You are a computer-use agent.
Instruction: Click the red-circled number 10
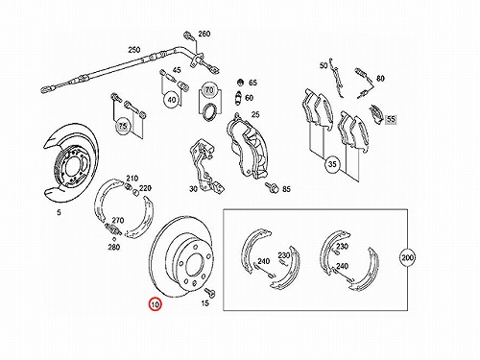[155, 304]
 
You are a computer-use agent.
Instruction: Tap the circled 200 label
[407, 257]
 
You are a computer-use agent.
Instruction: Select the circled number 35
[332, 164]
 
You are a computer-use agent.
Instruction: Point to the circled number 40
[172, 100]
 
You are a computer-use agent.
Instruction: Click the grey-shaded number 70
[209, 90]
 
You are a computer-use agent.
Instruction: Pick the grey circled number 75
[123, 126]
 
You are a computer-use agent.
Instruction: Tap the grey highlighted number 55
[391, 119]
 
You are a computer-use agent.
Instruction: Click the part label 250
[134, 50]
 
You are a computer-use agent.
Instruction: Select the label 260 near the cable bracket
[204, 34]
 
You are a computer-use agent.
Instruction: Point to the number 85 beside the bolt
[286, 189]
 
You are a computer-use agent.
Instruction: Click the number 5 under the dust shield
[59, 212]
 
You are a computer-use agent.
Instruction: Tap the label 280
[113, 247]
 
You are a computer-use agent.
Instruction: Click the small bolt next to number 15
[209, 292]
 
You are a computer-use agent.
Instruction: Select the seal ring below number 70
[209, 112]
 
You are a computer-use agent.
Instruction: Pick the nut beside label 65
[241, 82]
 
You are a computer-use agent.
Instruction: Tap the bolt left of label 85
[272, 187]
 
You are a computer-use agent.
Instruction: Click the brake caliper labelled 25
[247, 147]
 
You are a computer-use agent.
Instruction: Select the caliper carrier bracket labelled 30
[205, 165]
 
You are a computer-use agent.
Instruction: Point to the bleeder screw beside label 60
[238, 97]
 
